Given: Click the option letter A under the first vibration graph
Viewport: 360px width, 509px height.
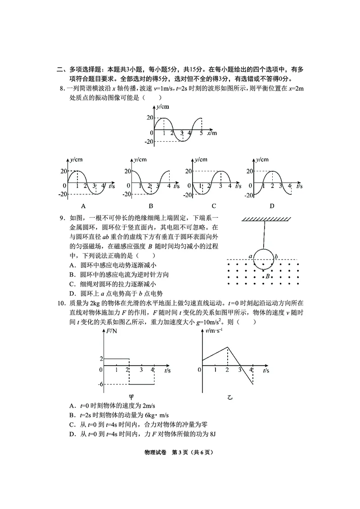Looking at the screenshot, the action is coord(83,206).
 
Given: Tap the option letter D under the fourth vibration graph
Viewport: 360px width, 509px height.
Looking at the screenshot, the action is coord(272,206).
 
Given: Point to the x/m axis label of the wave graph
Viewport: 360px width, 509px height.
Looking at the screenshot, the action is coord(212,134).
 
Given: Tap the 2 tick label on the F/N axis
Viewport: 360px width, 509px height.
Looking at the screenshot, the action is coord(101,358).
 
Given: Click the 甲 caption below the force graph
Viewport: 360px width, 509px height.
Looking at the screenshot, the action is coord(131,397).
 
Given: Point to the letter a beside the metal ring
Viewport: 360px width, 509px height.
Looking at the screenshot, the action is coord(250,256).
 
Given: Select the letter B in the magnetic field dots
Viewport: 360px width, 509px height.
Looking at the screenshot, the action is coord(268,276).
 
